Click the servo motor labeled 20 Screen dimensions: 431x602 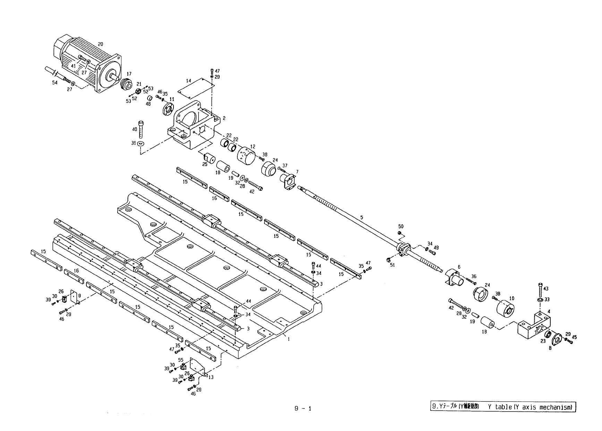point(87,66)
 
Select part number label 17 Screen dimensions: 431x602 point(129,74)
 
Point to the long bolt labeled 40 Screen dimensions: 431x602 point(141,129)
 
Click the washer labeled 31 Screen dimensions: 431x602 point(141,143)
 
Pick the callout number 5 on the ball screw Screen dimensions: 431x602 point(362,218)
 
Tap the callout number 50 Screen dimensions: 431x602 point(401,227)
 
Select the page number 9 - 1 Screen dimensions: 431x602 point(303,408)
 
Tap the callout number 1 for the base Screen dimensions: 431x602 point(288,340)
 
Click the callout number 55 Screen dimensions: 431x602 point(181,360)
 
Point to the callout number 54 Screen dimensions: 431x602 point(55,83)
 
